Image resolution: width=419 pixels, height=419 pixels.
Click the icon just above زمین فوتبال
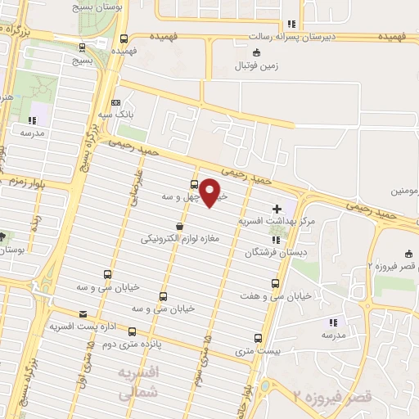257,54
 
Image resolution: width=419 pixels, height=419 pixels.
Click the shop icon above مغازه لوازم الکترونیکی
179,227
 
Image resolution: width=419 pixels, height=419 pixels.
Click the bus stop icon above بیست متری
259,338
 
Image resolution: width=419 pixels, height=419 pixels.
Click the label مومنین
404,191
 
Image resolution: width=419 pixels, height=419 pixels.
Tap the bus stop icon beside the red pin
194,183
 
